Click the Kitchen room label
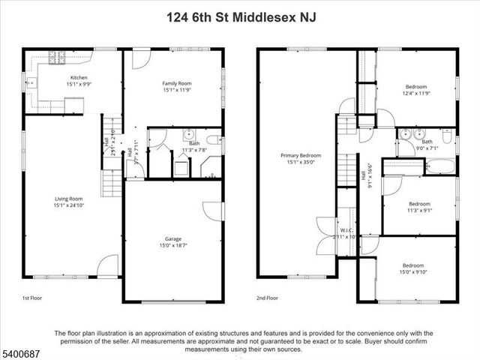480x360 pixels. tap(79, 78)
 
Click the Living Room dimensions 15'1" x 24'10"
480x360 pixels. tap(67, 206)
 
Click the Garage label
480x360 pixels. tap(173, 238)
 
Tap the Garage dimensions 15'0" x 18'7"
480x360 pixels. tap(173, 245)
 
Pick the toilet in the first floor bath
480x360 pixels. tap(212, 139)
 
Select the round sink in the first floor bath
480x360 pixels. tap(187, 135)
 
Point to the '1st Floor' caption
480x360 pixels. tap(32, 297)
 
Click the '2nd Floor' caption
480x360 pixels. tap(267, 297)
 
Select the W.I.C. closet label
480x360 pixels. tap(346, 230)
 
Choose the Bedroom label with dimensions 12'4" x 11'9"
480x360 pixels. tap(418, 86)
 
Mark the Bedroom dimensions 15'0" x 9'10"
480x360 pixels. tap(412, 272)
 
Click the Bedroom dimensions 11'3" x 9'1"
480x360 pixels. tap(419, 211)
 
